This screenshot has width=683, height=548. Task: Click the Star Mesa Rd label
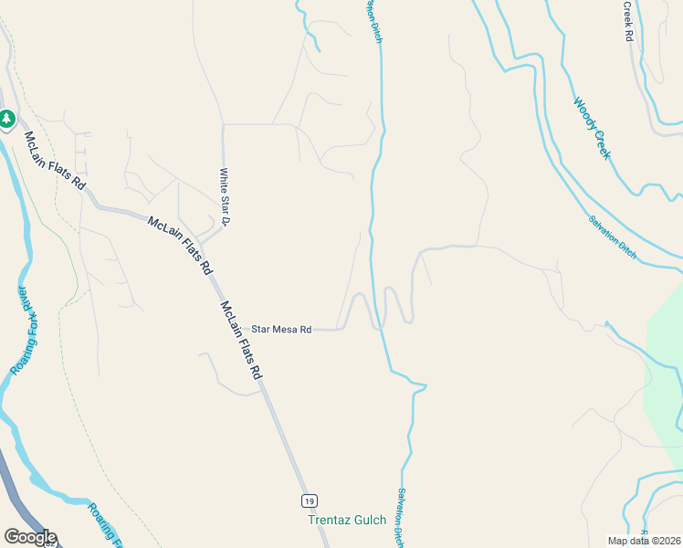click(281, 329)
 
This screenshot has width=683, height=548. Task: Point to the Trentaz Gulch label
click(346, 521)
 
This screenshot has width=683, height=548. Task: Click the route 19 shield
click(310, 501)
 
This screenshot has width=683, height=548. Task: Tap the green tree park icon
click(7, 119)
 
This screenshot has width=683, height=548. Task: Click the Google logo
click(30, 537)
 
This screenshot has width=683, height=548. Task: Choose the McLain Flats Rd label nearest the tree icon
click(55, 161)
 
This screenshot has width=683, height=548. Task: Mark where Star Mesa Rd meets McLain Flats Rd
click(236, 330)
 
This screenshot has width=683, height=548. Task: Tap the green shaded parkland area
click(664, 365)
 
